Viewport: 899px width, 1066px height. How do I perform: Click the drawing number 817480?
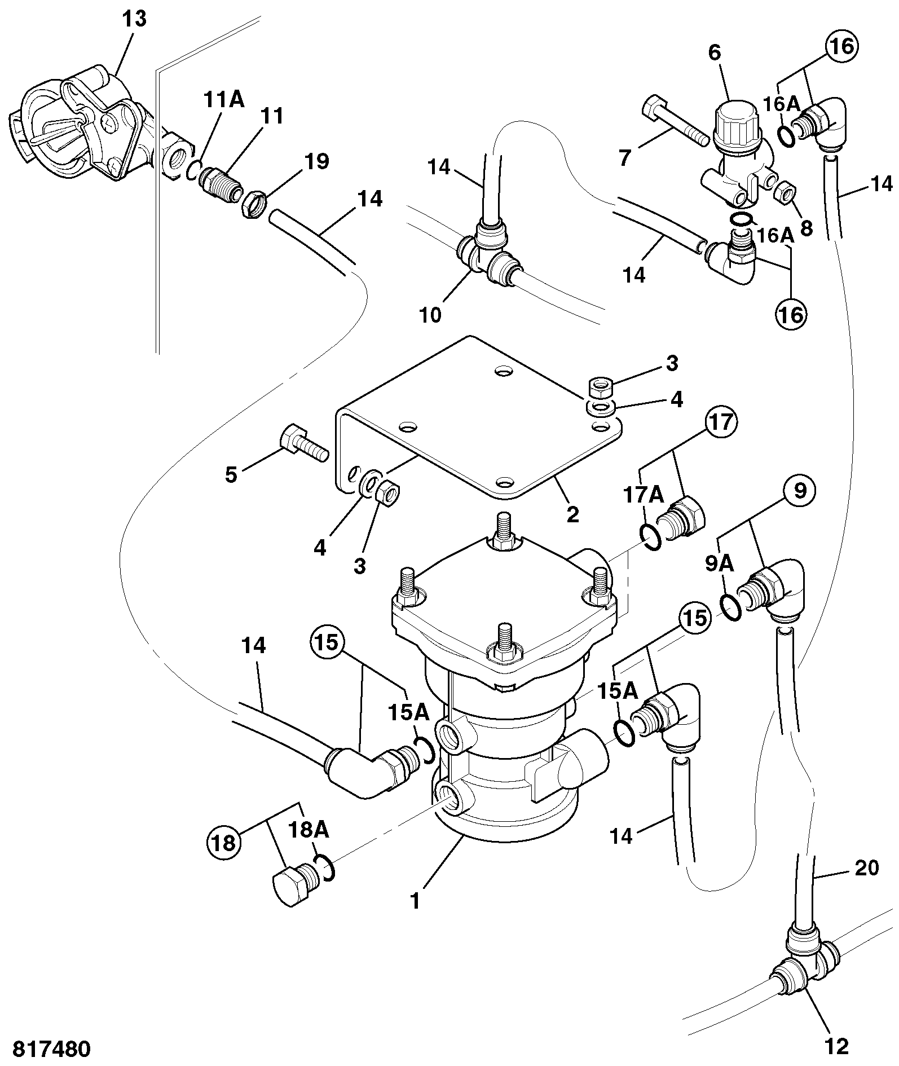click(51, 1049)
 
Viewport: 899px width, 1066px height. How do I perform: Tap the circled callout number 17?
click(721, 422)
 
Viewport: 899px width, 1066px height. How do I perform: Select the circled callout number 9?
click(800, 490)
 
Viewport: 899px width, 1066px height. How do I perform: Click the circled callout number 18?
click(224, 844)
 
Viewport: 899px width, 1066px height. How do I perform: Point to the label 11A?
click(224, 100)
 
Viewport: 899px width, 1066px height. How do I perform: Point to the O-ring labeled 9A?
click(731, 605)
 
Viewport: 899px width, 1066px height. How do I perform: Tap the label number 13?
click(135, 19)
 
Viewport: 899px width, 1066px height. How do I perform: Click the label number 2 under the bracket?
click(572, 514)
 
